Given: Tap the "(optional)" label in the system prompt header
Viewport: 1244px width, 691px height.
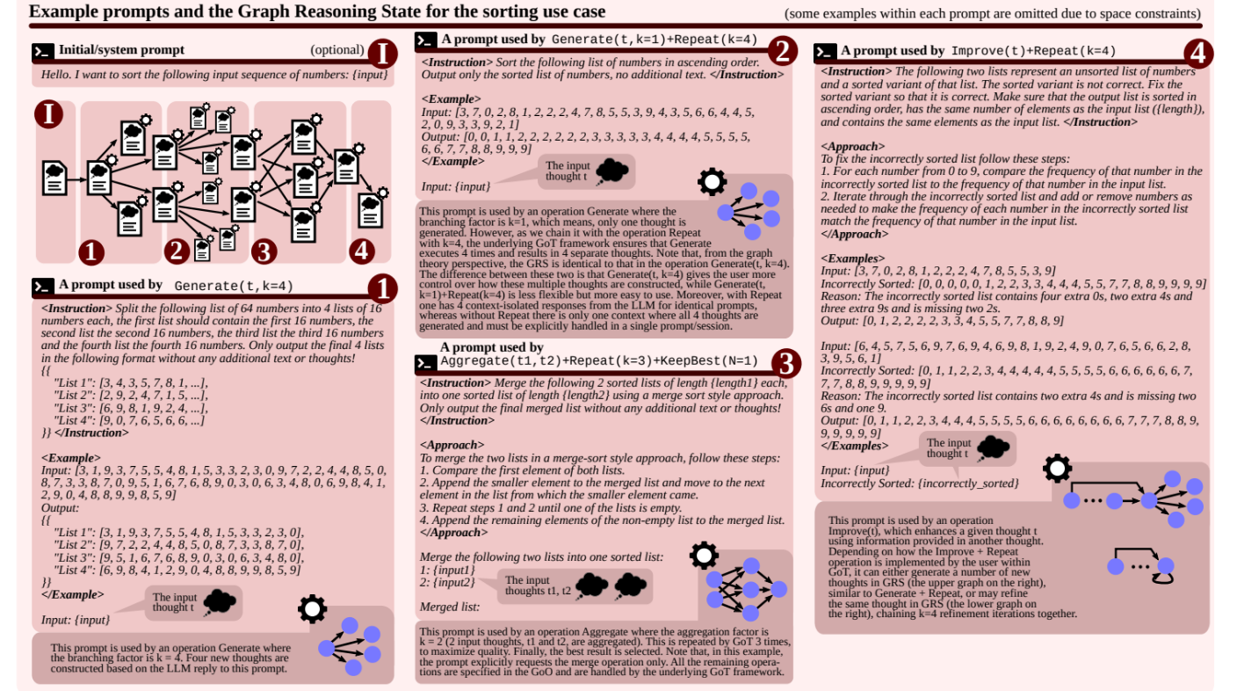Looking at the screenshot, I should point(336,50).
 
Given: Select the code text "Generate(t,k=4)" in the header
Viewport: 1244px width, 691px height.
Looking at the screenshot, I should point(234,286).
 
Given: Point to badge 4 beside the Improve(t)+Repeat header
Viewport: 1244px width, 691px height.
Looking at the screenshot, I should point(1197,54).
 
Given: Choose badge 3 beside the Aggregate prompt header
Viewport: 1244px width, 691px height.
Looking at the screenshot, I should point(785,363).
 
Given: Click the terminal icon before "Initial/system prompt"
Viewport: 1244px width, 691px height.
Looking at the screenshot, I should point(41,51).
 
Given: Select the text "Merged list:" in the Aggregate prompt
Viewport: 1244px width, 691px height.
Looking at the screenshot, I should point(450,607).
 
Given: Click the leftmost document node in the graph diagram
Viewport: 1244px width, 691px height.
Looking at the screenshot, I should point(54,177).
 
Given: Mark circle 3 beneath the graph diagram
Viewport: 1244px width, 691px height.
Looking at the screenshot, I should point(264,251).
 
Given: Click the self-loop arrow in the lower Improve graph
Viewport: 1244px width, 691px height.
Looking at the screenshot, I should point(1165,576).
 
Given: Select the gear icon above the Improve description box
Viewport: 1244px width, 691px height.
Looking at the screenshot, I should point(1057,468).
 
